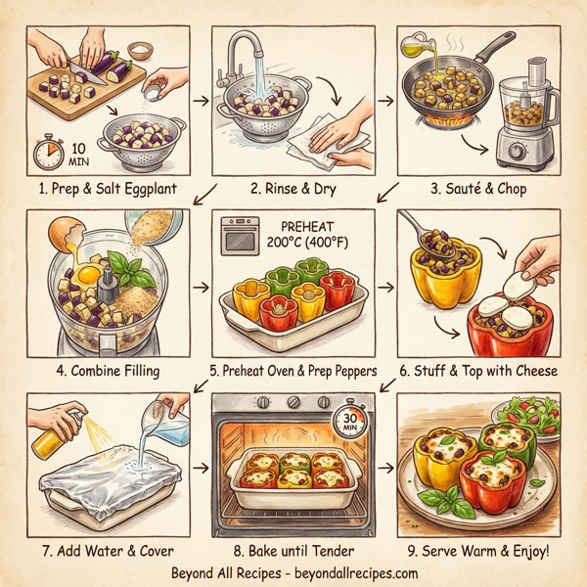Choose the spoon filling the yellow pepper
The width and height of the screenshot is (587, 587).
(422, 234)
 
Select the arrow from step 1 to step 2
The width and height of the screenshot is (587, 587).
(198, 100)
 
